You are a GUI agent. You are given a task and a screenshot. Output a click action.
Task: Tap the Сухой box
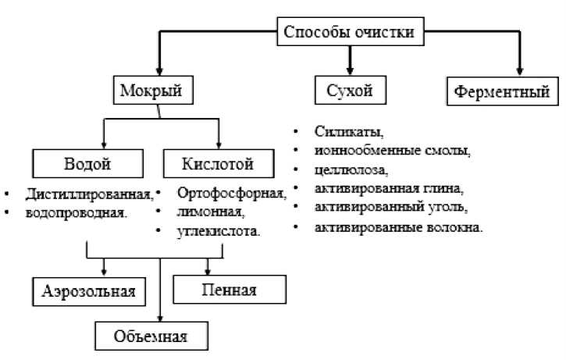[x=351, y=91]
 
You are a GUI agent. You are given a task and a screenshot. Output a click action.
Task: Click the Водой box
[x=86, y=164]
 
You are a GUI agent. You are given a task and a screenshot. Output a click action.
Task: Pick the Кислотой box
[x=219, y=164]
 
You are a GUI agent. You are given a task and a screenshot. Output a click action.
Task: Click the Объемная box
[x=153, y=337]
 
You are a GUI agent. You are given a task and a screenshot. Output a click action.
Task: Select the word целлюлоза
[x=351, y=169]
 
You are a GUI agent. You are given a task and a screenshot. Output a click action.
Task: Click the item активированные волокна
[x=399, y=227]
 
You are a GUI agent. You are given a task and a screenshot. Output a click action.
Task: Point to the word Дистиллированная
[x=88, y=193]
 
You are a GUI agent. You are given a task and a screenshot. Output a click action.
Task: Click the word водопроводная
[x=76, y=212]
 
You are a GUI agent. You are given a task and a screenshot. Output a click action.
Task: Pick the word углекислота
[x=219, y=231]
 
